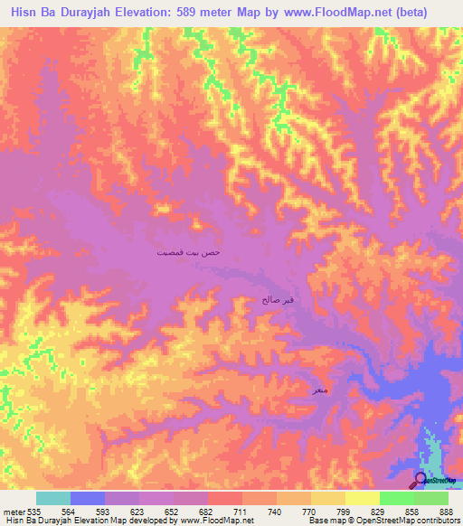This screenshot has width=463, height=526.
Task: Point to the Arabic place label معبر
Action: (319, 390)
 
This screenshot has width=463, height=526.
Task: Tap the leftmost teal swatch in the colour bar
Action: (53, 498)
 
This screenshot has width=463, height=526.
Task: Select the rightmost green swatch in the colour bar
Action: (431, 498)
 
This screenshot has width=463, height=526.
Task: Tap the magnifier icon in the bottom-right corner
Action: (420, 479)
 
